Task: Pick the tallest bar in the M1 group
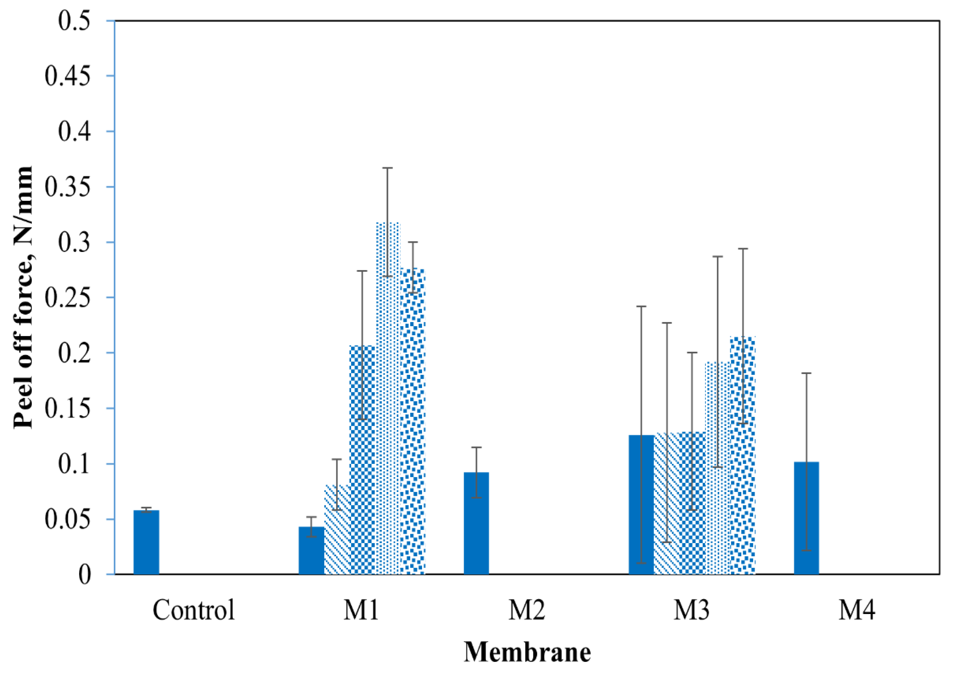point(387,397)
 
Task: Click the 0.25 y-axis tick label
point(68,298)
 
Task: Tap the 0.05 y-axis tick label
point(68,519)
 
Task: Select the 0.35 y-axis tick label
point(68,187)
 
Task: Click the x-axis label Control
point(194,610)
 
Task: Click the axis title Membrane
point(527,652)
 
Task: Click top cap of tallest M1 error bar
point(387,168)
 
